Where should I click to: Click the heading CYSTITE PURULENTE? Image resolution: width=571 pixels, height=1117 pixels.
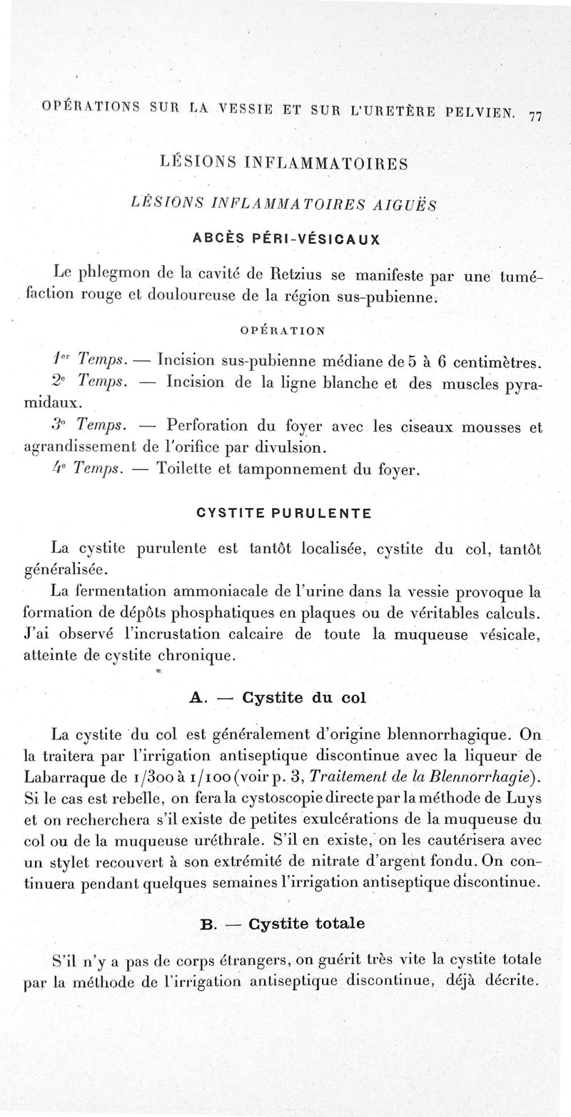click(283, 513)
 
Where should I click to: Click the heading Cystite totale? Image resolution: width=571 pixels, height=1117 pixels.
click(306, 923)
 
